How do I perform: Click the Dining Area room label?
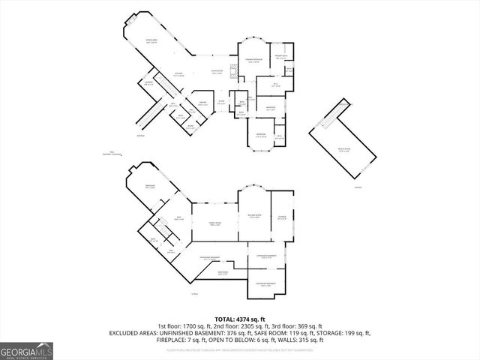(151, 42)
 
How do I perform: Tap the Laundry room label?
(148, 84)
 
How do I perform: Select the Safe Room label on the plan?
(223, 273)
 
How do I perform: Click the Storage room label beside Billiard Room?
(283, 217)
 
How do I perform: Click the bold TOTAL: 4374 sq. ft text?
(239, 319)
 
